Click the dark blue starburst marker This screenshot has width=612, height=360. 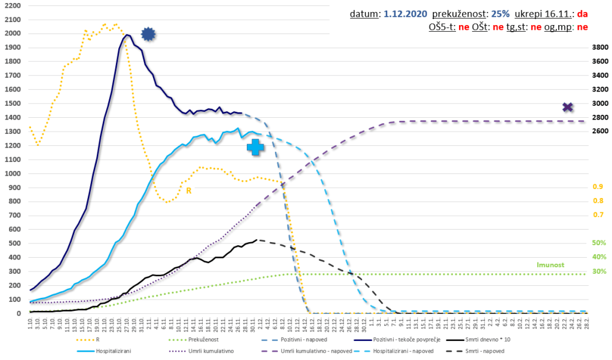coord(148,35)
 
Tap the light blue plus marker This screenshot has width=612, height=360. coord(256,147)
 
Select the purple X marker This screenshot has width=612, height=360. coord(568,107)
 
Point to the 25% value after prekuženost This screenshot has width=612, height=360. coord(500,13)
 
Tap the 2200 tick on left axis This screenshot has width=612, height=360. coord(12,5)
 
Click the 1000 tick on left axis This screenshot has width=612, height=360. coord(12,173)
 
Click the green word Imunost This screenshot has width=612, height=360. coord(550,264)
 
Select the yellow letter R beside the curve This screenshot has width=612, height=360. coord(189,191)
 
